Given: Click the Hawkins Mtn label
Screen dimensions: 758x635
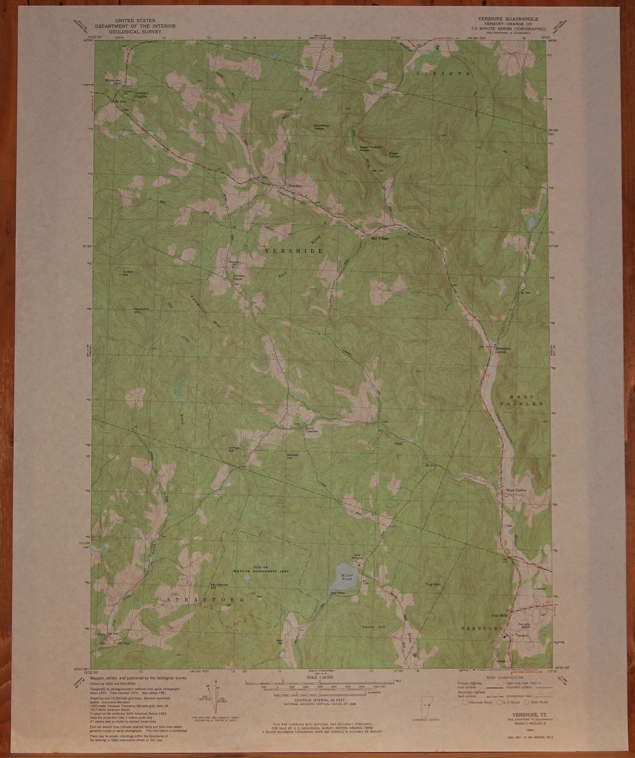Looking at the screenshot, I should click(x=139, y=310).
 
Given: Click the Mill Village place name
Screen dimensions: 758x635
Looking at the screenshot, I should click(x=380, y=239).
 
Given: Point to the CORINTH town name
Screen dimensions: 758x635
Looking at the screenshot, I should click(x=444, y=73).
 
